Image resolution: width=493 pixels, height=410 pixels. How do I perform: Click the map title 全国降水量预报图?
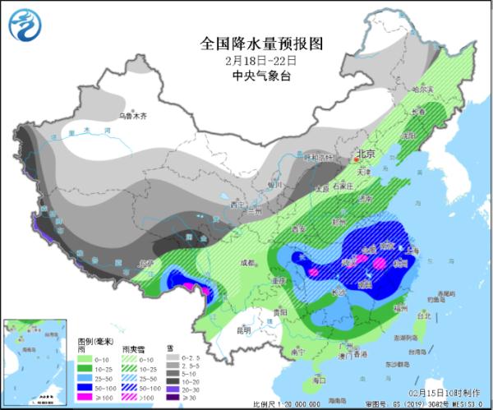coord(247,43)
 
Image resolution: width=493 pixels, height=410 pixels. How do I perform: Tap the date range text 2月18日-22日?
coord(247,60)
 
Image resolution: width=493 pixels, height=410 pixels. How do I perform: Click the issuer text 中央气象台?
coord(247,76)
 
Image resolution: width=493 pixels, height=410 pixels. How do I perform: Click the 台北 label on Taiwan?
coord(424,315)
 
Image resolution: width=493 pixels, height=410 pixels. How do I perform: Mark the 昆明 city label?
coord(243,330)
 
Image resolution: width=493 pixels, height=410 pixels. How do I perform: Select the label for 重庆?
coord(280,280)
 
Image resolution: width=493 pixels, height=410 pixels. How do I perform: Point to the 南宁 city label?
coord(293,351)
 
